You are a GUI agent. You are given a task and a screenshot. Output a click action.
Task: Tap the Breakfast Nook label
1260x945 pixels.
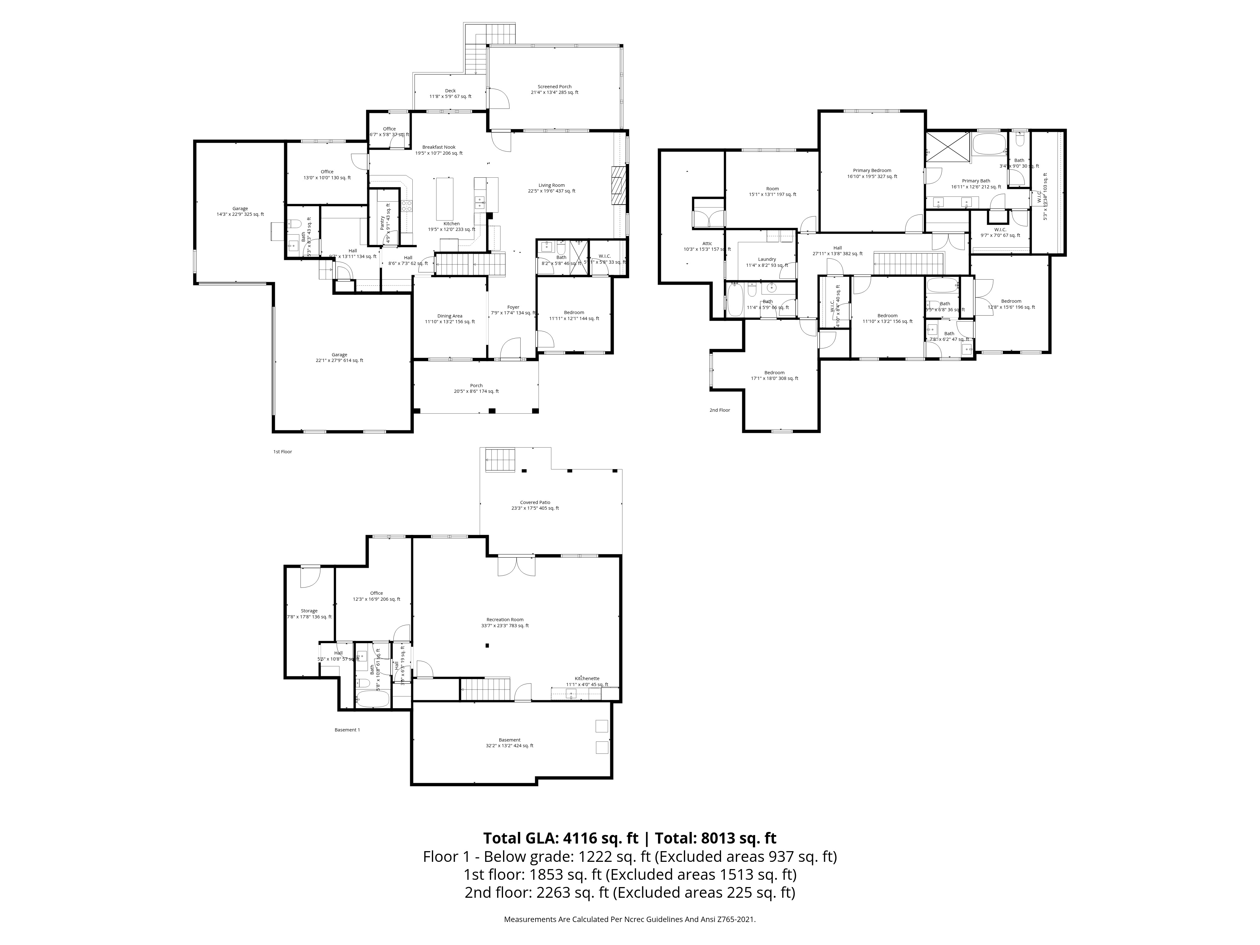(438, 147)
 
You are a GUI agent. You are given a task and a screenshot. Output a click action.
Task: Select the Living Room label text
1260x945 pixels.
(551, 185)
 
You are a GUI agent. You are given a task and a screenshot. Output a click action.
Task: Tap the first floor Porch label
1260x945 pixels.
(476, 386)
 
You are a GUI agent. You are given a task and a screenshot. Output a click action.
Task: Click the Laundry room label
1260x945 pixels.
(767, 259)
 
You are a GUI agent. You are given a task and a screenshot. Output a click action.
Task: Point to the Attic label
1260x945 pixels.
(707, 243)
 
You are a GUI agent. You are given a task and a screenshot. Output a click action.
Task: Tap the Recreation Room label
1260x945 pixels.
(505, 620)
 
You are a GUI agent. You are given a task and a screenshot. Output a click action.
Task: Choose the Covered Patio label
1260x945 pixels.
(535, 502)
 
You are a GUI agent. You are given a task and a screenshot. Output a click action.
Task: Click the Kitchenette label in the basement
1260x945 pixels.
(587, 679)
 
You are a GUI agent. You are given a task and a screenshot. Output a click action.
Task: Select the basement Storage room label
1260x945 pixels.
(309, 611)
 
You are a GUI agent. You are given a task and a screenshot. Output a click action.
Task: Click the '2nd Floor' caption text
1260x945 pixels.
(719, 410)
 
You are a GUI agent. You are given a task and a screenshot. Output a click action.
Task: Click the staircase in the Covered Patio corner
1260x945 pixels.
(500, 460)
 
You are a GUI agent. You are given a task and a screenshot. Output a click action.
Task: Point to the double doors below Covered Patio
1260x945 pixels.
(516, 566)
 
